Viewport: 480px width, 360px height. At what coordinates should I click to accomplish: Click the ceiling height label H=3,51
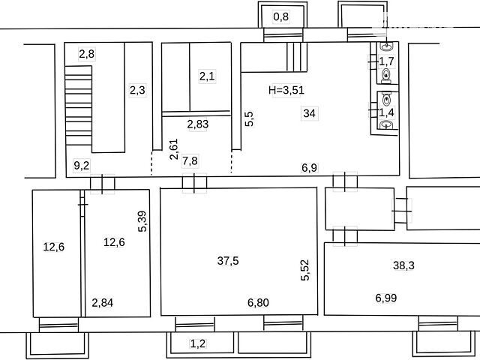coord(286,90)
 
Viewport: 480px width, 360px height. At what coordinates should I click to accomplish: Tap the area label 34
coord(309,113)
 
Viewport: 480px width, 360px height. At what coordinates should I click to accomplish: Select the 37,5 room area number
coord(228,261)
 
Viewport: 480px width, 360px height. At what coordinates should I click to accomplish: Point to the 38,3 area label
coord(403,265)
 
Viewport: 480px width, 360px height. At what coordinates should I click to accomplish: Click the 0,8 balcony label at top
coord(280,16)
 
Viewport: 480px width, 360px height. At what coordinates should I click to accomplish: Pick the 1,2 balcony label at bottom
coord(198,343)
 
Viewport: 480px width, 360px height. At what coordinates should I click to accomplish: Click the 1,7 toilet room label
coord(386,61)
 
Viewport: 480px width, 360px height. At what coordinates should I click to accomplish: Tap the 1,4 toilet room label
coord(386,112)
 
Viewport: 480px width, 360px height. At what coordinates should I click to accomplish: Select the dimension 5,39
coord(143,221)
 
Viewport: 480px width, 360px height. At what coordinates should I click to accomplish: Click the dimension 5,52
coord(305,270)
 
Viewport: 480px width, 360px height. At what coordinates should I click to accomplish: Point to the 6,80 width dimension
coord(258,303)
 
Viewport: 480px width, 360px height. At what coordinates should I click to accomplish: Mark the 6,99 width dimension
coord(386,298)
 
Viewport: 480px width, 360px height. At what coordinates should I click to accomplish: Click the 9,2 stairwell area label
coord(82,166)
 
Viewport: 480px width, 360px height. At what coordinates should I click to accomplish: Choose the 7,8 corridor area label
coord(190,160)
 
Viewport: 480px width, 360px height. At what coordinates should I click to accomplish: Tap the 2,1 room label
coord(207,76)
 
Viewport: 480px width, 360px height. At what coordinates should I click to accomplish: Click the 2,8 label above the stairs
coord(87,54)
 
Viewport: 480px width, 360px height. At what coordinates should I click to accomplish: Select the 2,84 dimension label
coord(103,303)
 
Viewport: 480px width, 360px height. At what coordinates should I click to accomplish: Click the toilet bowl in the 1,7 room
coord(386,76)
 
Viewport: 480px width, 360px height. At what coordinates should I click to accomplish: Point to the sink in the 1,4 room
coord(386,125)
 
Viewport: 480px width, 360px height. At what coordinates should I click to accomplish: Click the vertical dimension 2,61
coord(174,149)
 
